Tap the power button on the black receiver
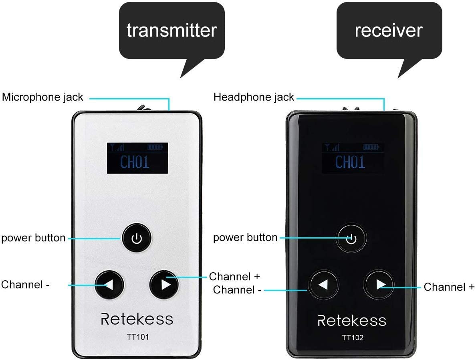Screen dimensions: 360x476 [x=351, y=239]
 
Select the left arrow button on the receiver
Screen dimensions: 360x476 [x=323, y=285]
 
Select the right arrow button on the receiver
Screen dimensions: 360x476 [x=379, y=285]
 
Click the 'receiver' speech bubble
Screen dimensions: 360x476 [x=389, y=30]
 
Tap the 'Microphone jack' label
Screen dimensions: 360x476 [x=43, y=97]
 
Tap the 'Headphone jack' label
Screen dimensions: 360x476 [x=254, y=97]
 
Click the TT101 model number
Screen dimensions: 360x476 [x=137, y=337]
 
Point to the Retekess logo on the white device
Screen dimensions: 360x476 [x=137, y=319]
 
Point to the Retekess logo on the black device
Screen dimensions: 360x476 [x=352, y=320]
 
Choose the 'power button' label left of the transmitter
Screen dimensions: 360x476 [x=33, y=238]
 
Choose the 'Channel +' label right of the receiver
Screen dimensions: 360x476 [x=449, y=287]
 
